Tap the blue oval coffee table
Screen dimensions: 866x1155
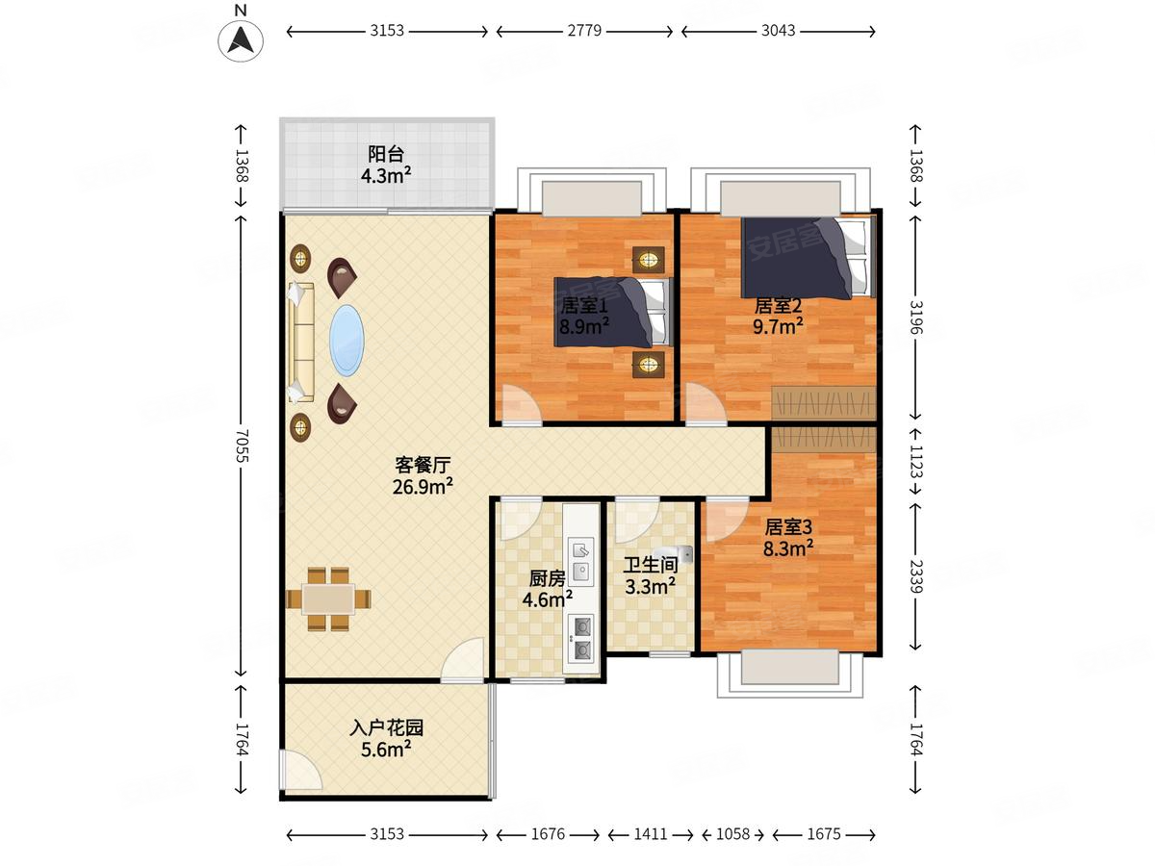coord(347,342)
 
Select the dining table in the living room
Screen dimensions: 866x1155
coord(328,599)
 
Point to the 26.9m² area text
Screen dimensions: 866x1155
coord(423,487)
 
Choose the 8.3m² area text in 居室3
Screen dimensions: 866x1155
coord(789,548)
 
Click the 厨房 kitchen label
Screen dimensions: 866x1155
coord(547,579)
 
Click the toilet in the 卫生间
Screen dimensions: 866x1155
coord(681,554)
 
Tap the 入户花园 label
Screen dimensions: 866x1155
coord(386,728)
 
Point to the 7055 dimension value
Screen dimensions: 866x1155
coord(241,448)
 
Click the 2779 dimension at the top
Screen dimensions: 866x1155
coord(584,31)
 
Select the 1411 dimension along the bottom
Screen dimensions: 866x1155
coord(650,834)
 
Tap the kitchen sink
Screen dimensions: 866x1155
coord(581,561)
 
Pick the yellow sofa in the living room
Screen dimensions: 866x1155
coord(301,342)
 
